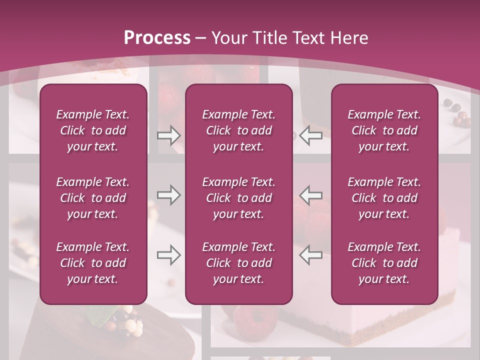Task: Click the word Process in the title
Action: (157, 37)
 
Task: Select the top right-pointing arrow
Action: (168, 135)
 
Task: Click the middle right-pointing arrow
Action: (168, 195)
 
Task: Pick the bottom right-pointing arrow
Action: (168, 255)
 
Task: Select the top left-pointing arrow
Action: (311, 135)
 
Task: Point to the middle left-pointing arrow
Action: (311, 195)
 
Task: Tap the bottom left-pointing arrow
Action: (311, 255)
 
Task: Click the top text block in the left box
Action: (93, 130)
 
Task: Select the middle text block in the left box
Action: (93, 198)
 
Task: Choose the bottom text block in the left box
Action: (93, 263)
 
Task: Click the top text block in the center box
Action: (239, 130)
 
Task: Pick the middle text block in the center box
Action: (239, 198)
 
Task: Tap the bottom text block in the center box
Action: (239, 263)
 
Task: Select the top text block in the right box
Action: (384, 130)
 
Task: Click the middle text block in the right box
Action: (384, 198)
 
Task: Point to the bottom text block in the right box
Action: (384, 263)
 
